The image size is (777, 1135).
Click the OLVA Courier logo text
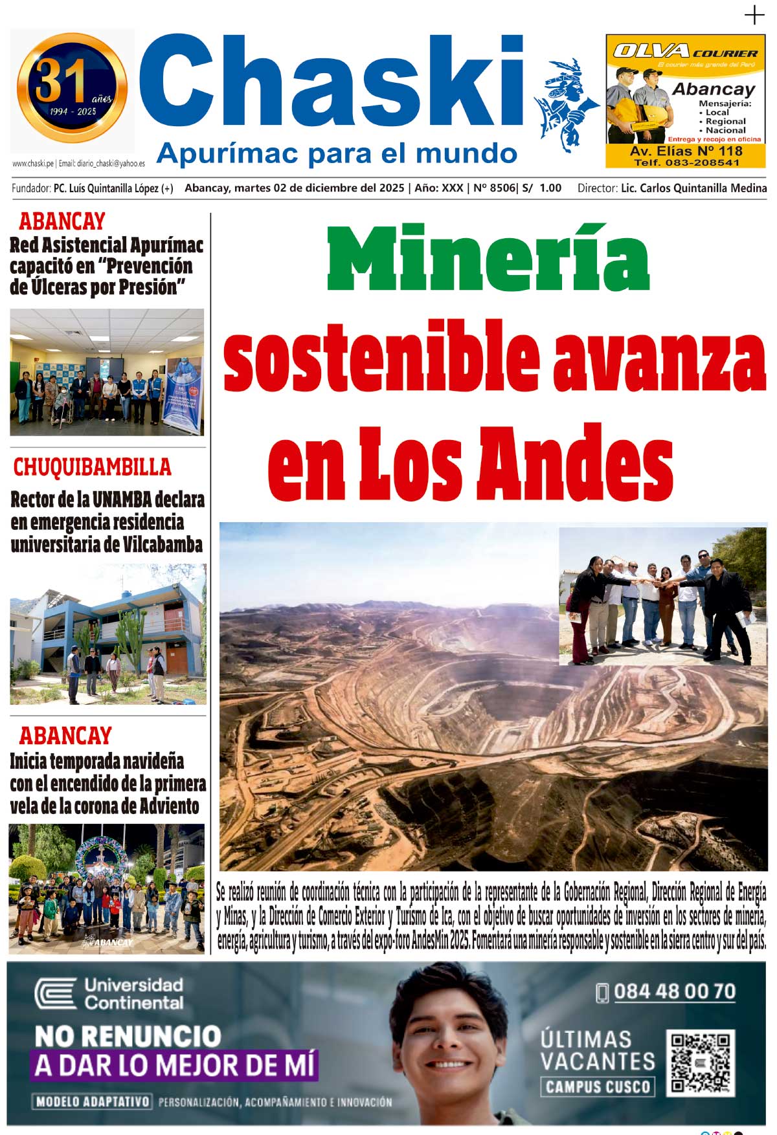[685, 52]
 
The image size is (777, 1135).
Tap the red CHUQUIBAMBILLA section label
[92, 467]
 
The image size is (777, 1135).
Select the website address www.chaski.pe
[33, 164]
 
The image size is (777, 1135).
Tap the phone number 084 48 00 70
[674, 992]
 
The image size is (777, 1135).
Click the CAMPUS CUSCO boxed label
[597, 1086]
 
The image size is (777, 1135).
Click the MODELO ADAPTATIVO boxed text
[93, 1101]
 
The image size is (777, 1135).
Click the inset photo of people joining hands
[662, 596]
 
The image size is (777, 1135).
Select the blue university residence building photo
[107, 634]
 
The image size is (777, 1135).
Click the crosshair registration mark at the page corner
[754, 15]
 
